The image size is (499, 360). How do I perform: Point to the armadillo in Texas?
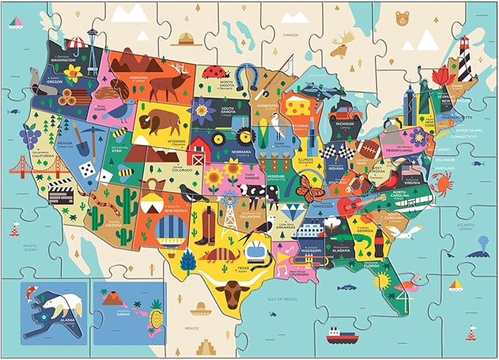(x=218, y=256)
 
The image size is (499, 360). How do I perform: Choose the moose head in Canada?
(x=339, y=48)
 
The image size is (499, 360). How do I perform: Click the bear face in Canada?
(x=401, y=17)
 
